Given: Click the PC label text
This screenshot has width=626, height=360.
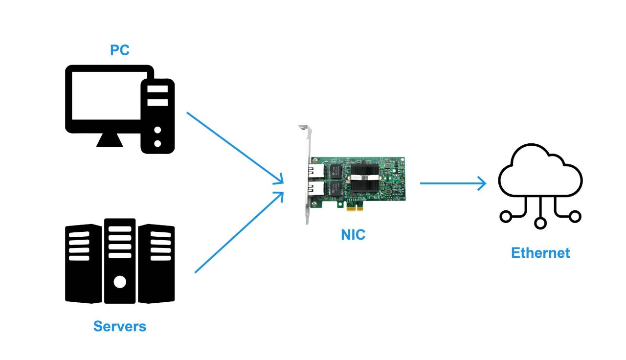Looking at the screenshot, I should coord(120,50).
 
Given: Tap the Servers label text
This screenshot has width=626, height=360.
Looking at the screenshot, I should coord(120,326).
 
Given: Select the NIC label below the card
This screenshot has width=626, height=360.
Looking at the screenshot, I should coord(353,235).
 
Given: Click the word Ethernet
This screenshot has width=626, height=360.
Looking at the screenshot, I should coord(540,253).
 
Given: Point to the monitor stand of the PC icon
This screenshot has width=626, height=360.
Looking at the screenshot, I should coord(110,140).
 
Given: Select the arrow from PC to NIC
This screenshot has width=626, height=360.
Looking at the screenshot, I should coord(235,148).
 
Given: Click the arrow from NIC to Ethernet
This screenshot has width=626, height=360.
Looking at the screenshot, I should coord(452,183).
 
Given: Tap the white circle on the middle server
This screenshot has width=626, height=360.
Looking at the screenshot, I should coord(120,282).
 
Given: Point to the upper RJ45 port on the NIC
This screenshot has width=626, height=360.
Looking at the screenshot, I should coord(316,171).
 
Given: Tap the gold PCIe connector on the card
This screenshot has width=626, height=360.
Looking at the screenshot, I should coord(354,208).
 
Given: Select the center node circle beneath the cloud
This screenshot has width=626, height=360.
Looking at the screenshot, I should coord(540,223).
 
